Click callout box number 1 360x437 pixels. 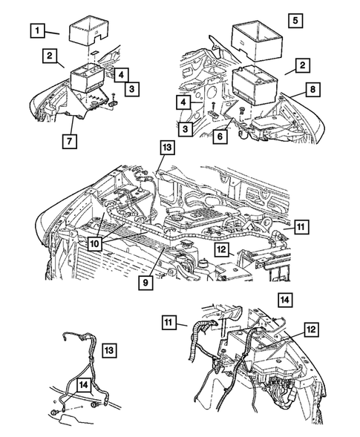click(x=37, y=30)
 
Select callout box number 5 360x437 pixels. click(x=295, y=20)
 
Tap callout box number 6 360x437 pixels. click(x=220, y=137)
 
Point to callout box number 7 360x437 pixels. click(x=70, y=141)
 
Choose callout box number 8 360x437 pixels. click(x=312, y=89)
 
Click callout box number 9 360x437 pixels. click(x=145, y=283)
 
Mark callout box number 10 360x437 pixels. click(x=94, y=243)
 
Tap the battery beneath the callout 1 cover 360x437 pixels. click(x=88, y=77)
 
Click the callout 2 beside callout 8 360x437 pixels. click(x=302, y=65)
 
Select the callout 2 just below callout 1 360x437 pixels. click(x=50, y=56)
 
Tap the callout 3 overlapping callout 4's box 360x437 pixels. click(x=131, y=88)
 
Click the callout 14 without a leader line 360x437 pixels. click(x=285, y=300)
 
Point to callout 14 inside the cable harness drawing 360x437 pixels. click(x=84, y=385)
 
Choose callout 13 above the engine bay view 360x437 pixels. click(x=167, y=148)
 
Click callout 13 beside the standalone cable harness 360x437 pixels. click(x=109, y=350)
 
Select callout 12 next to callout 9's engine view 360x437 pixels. click(x=222, y=249)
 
